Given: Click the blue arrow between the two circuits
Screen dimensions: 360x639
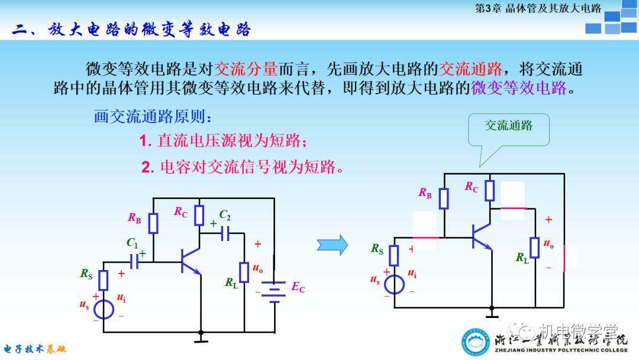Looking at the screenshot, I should [332, 244].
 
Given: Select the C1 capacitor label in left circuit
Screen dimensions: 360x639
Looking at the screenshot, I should [132, 242].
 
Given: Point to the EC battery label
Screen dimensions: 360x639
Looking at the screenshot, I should [298, 287].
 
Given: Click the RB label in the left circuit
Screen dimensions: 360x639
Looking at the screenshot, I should [134, 218].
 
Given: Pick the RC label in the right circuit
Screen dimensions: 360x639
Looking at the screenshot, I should [472, 187].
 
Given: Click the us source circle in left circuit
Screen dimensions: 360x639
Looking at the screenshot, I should [104, 309].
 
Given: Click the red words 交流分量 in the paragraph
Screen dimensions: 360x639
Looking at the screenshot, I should [238, 69].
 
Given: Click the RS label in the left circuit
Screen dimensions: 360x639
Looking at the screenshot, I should [87, 274].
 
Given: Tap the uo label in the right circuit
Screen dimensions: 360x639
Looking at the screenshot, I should [548, 244].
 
